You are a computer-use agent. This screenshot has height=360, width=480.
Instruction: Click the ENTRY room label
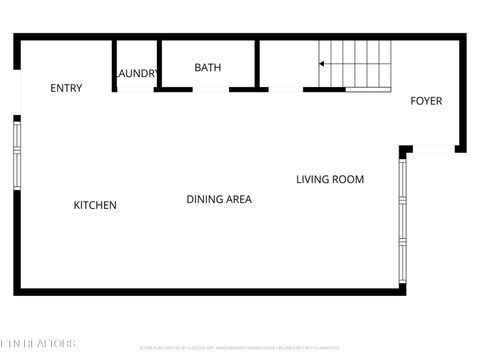pos(66,88)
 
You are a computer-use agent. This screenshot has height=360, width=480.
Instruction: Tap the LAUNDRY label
pos(137,74)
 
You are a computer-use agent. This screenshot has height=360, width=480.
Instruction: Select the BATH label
pos(208,68)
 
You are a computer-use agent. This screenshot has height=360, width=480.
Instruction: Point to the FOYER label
pos(426,101)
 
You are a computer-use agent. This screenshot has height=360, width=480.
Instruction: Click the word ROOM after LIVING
pos(349,180)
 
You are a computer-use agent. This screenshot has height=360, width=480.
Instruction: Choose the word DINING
pos(204,199)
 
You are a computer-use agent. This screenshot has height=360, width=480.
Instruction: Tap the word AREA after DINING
pos(238,199)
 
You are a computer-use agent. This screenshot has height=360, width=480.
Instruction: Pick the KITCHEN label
pos(95,205)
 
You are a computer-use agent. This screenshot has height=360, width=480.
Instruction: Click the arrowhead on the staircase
pos(322,64)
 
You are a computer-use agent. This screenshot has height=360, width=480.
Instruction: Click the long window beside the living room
pos(401,220)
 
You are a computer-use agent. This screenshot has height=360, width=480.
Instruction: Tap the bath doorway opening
pos(210,90)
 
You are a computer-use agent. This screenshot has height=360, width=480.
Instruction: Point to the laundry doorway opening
pos(135,90)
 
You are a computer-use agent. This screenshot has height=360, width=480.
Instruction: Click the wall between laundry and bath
pos(160,65)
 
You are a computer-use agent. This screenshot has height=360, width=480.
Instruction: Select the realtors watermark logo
pos(38,344)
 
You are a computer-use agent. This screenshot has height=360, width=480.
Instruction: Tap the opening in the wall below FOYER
pos(432,150)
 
